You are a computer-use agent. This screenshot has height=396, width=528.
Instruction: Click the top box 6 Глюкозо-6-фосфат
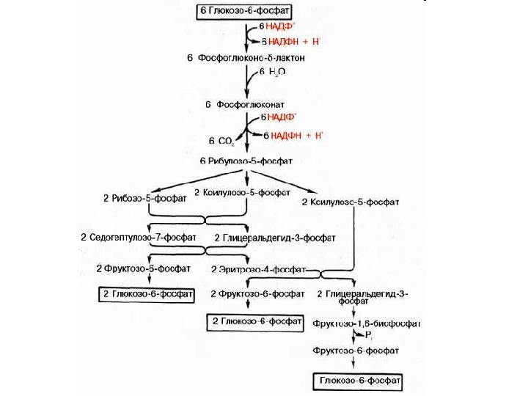243,12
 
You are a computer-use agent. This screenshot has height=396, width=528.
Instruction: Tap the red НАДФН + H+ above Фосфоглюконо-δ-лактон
293,41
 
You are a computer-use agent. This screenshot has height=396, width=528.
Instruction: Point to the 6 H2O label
272,72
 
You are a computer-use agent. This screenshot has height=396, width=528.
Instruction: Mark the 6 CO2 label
221,140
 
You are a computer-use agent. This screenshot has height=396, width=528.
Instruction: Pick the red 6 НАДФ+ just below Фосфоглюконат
279,117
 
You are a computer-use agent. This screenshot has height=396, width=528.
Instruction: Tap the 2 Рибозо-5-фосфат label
144,198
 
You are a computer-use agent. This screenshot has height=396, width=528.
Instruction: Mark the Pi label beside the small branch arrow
370,337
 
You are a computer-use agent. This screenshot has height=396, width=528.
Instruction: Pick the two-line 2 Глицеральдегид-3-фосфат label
364,296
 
